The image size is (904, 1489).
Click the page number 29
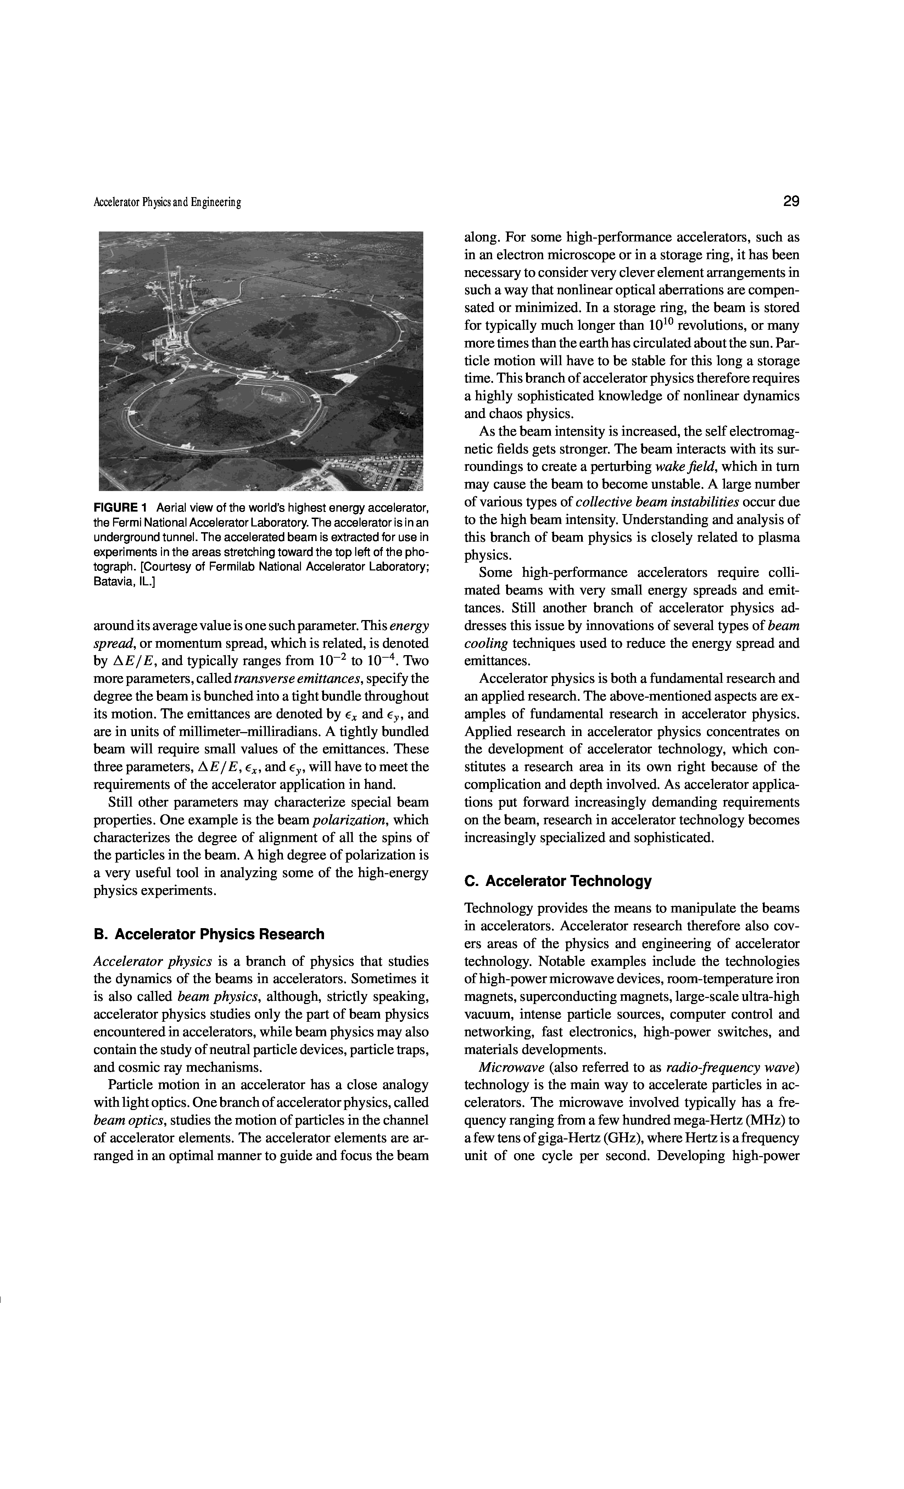click(x=791, y=201)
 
